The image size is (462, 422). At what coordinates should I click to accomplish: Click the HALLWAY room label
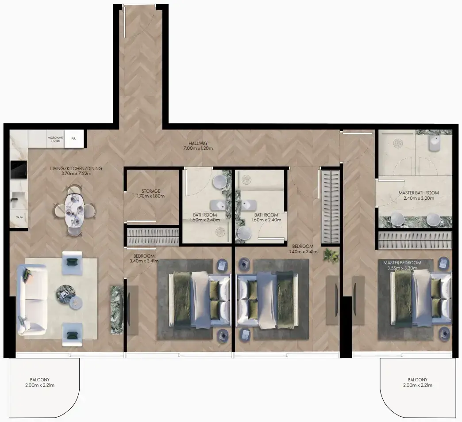(x=198, y=143)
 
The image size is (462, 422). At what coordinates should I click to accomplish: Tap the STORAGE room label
(x=151, y=191)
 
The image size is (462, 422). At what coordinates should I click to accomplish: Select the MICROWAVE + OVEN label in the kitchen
(x=55, y=140)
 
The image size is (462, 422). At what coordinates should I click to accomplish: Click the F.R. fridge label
(x=73, y=138)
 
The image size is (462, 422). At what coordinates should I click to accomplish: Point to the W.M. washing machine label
(x=19, y=217)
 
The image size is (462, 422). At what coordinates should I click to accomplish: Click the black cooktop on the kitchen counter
(x=19, y=170)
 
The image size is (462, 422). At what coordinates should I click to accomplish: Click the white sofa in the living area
(x=32, y=300)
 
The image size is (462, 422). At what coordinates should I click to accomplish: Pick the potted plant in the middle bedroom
(x=331, y=255)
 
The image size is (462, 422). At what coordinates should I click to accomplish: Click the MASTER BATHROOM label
(x=419, y=193)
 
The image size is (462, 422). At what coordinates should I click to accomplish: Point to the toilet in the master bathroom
(x=435, y=143)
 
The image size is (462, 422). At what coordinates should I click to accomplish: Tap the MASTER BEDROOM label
(x=402, y=263)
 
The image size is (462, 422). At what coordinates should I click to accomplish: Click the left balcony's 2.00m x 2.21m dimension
(x=40, y=385)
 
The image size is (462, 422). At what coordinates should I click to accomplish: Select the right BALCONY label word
(x=417, y=380)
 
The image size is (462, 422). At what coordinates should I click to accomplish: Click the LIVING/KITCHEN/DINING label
(x=76, y=169)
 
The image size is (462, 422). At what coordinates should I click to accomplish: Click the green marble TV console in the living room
(x=117, y=309)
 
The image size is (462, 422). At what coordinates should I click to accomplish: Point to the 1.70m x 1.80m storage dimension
(x=151, y=196)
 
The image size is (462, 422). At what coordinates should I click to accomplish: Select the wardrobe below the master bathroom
(x=415, y=240)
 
